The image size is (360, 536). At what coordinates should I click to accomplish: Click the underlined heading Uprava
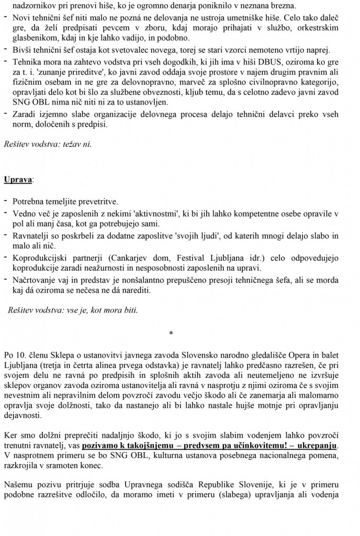(17, 180)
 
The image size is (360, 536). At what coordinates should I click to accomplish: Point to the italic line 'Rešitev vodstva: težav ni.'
(48, 143)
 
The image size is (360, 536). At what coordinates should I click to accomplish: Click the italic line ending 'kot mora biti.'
(73, 310)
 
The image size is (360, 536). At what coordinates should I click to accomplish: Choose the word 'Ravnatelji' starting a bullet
(31, 235)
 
